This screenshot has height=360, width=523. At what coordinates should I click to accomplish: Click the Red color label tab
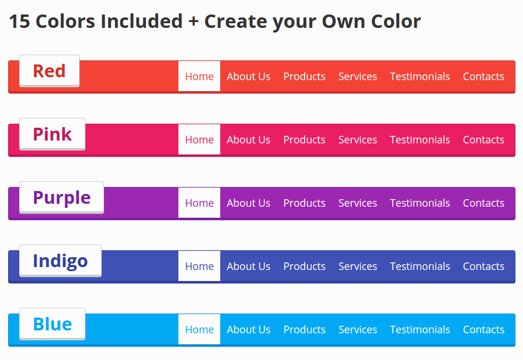(49, 71)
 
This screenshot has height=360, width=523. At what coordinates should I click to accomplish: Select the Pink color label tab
(52, 134)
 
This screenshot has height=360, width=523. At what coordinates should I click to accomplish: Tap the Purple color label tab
(62, 197)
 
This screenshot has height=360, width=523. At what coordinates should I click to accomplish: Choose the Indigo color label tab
(60, 261)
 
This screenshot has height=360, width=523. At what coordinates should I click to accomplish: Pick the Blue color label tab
(52, 324)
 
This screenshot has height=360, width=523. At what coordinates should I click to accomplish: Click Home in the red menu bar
(199, 76)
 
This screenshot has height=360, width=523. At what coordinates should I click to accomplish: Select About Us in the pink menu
(249, 140)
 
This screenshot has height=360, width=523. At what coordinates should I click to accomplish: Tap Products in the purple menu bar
(304, 203)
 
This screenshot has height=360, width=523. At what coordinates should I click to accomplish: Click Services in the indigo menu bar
(357, 267)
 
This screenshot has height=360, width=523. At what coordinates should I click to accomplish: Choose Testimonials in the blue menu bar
(420, 330)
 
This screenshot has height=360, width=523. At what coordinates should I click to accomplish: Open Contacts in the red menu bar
(483, 76)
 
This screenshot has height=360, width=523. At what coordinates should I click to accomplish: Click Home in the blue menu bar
(199, 329)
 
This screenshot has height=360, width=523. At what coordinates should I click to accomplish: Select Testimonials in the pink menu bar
(420, 140)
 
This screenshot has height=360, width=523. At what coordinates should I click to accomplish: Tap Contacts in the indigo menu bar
(483, 267)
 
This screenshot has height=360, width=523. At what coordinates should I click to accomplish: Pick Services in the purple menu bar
(357, 203)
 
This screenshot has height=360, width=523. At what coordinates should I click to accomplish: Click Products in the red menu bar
(304, 76)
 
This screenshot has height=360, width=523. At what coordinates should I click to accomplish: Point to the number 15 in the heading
(19, 21)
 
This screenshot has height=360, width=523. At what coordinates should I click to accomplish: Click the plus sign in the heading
(194, 22)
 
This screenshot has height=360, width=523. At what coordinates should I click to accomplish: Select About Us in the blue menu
(249, 330)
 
